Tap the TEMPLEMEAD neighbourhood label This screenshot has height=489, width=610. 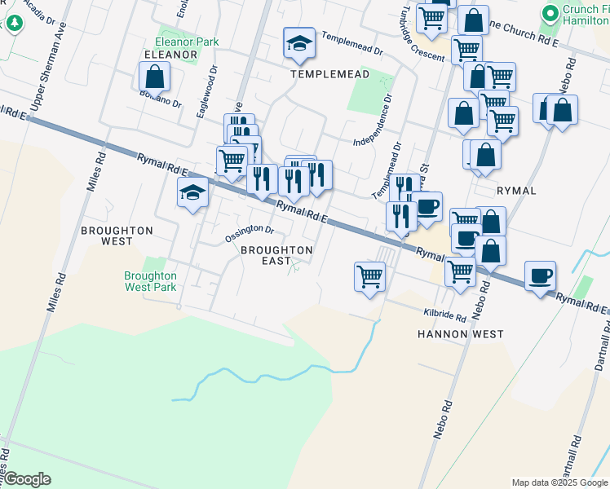coord(330,74)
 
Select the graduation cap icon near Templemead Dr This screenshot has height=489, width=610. coord(299,43)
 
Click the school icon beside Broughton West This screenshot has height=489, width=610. coord(192,193)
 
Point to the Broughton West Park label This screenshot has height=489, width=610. coord(150,281)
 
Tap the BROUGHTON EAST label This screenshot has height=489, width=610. coord(276,255)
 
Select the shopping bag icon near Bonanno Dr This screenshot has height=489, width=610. coord(154,77)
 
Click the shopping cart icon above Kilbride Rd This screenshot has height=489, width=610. coord(369,276)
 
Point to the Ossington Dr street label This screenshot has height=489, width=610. coord(250,234)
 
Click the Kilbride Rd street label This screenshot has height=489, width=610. coord(444,315)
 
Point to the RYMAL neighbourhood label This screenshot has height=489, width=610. coord(516,190)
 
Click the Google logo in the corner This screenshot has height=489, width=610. coord(26,479)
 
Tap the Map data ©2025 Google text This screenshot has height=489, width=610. coord(559,482)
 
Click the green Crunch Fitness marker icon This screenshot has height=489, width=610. coord(550,13)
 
